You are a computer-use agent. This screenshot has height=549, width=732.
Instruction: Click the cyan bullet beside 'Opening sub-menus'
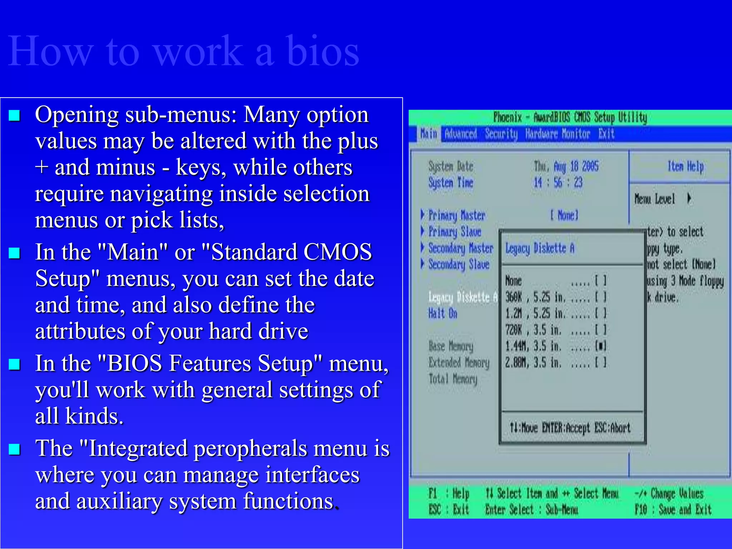click(x=14, y=115)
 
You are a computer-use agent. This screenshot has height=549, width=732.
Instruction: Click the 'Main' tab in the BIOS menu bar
click(x=429, y=134)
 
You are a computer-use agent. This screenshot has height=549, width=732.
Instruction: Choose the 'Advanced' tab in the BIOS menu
click(x=461, y=134)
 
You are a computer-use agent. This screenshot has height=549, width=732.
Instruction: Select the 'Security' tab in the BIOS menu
click(x=501, y=134)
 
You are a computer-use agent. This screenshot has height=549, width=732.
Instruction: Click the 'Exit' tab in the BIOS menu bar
click(x=606, y=134)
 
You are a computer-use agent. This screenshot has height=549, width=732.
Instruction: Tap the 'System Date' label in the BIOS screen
click(x=451, y=166)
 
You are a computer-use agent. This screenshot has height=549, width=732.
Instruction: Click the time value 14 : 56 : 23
click(x=558, y=183)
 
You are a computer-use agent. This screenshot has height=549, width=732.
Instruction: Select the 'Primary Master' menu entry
click(x=456, y=215)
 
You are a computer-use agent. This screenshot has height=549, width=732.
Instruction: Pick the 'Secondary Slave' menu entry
click(x=459, y=264)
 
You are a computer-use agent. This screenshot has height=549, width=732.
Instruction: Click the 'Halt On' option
click(x=443, y=313)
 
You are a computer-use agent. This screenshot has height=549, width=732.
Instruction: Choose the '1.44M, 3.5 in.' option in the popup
click(x=533, y=346)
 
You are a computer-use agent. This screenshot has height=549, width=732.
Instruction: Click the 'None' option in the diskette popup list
click(x=514, y=281)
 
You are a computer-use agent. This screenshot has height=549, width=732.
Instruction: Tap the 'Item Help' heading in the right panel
click(x=686, y=166)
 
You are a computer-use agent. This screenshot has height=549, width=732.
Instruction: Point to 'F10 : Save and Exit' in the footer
click(x=673, y=509)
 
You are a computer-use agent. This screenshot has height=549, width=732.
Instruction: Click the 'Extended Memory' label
click(x=459, y=363)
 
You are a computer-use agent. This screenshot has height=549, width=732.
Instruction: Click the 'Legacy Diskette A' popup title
click(x=540, y=248)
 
